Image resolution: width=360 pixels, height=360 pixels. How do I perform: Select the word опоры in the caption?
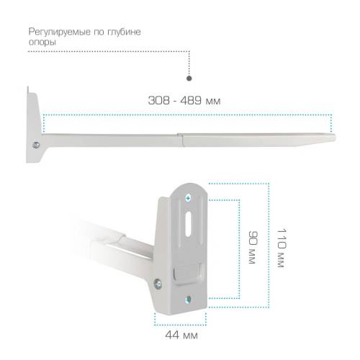point(42,42)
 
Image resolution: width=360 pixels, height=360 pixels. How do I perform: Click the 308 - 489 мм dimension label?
point(184,100)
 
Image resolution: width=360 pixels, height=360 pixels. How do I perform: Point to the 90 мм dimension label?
point(253,248)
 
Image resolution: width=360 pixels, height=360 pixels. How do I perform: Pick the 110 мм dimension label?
point(282,248)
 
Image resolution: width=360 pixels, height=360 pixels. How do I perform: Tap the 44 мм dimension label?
point(181,335)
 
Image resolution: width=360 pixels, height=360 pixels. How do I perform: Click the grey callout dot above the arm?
point(189,78)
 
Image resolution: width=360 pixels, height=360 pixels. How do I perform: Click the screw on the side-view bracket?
point(36,145)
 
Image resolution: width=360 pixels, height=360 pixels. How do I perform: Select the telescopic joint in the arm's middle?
point(180,140)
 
